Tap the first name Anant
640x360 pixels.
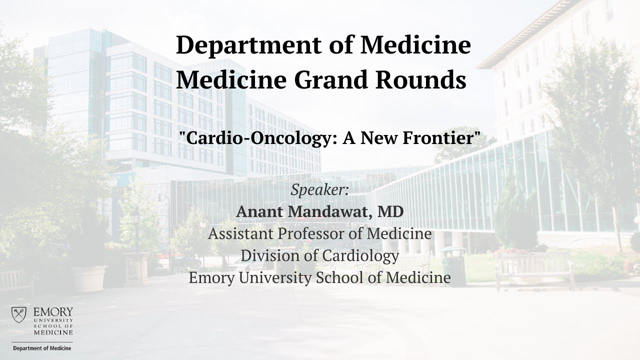tap(259, 212)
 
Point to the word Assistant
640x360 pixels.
tap(244, 234)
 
